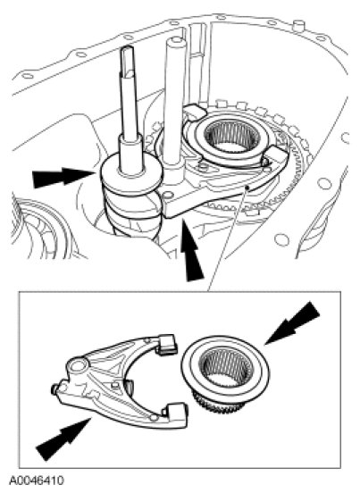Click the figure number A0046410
[37, 480]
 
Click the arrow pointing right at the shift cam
[63, 177]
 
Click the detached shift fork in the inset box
[120, 380]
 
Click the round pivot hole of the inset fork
[78, 365]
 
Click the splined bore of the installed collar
[232, 136]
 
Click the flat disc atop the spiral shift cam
[131, 173]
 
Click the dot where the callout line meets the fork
[247, 188]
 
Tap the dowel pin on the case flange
[298, 26]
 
